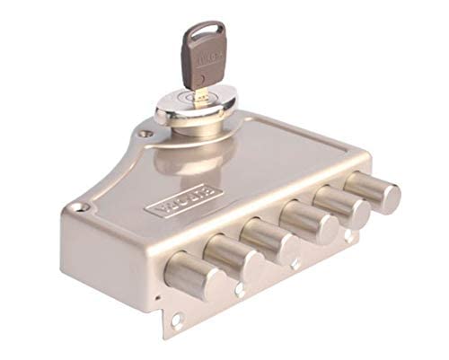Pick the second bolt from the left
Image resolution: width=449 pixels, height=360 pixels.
pos(228,257)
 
